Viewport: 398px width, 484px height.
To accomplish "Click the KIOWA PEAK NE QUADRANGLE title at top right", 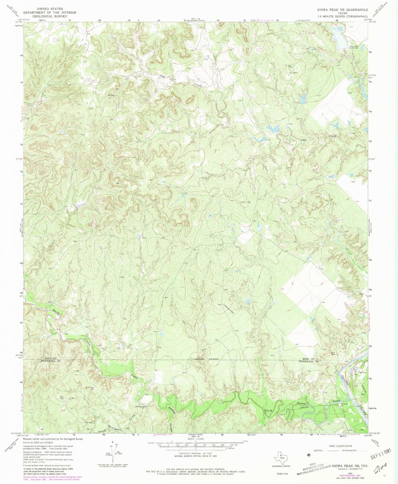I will point(342,10).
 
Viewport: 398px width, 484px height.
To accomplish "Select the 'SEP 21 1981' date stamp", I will point(383,456).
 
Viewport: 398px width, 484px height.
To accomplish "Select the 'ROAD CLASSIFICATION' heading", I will point(340,446).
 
